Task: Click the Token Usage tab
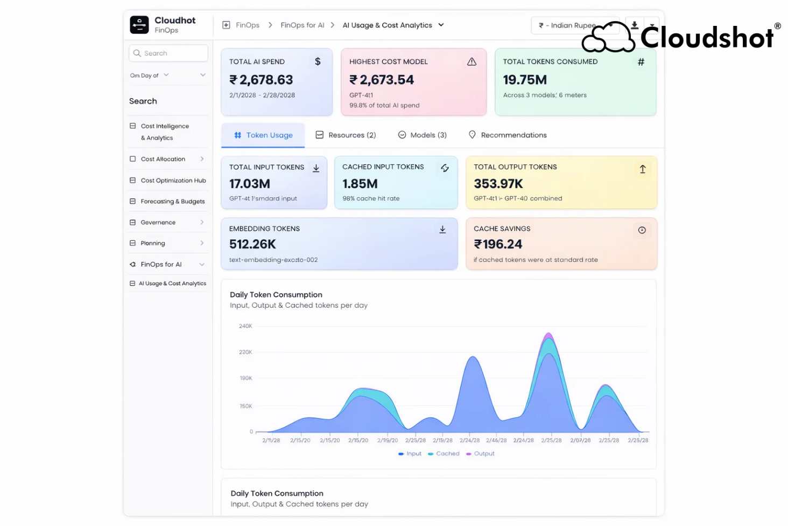[x=264, y=135]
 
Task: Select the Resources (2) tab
[x=346, y=135]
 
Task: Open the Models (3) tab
[x=422, y=135]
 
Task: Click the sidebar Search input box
[x=168, y=53]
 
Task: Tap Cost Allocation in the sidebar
[x=163, y=159]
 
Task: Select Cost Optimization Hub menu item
[x=173, y=181]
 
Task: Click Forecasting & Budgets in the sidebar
[x=172, y=202]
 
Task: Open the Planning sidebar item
[x=153, y=244]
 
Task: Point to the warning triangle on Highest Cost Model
[x=472, y=62]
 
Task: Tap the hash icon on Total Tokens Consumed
[x=641, y=62]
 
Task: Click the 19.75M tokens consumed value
[x=525, y=80]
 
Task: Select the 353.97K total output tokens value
[x=498, y=184]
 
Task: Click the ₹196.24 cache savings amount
[x=498, y=245]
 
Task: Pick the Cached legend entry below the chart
[x=444, y=454]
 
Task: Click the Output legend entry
[x=481, y=454]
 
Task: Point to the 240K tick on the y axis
[x=245, y=326]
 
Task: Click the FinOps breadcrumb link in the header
[x=247, y=25]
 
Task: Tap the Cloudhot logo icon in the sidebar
[x=139, y=25]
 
